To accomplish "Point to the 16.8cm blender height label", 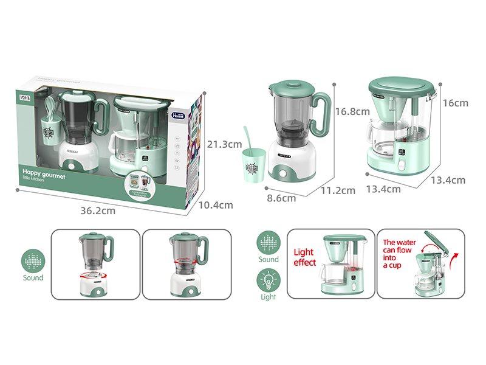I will pyautogui.click(x=352, y=111).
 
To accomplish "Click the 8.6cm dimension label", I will pyautogui.click(x=281, y=198).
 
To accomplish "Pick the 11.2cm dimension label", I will pyautogui.click(x=338, y=190).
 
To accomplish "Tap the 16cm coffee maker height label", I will pyautogui.click(x=456, y=103).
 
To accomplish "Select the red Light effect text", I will pyautogui.click(x=305, y=257).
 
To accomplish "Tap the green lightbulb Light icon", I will pyautogui.click(x=268, y=282).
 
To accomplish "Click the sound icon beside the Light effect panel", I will pyautogui.click(x=268, y=242).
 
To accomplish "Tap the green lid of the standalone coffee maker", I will pyautogui.click(x=401, y=86).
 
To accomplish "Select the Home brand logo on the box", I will pyautogui.click(x=180, y=114).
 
